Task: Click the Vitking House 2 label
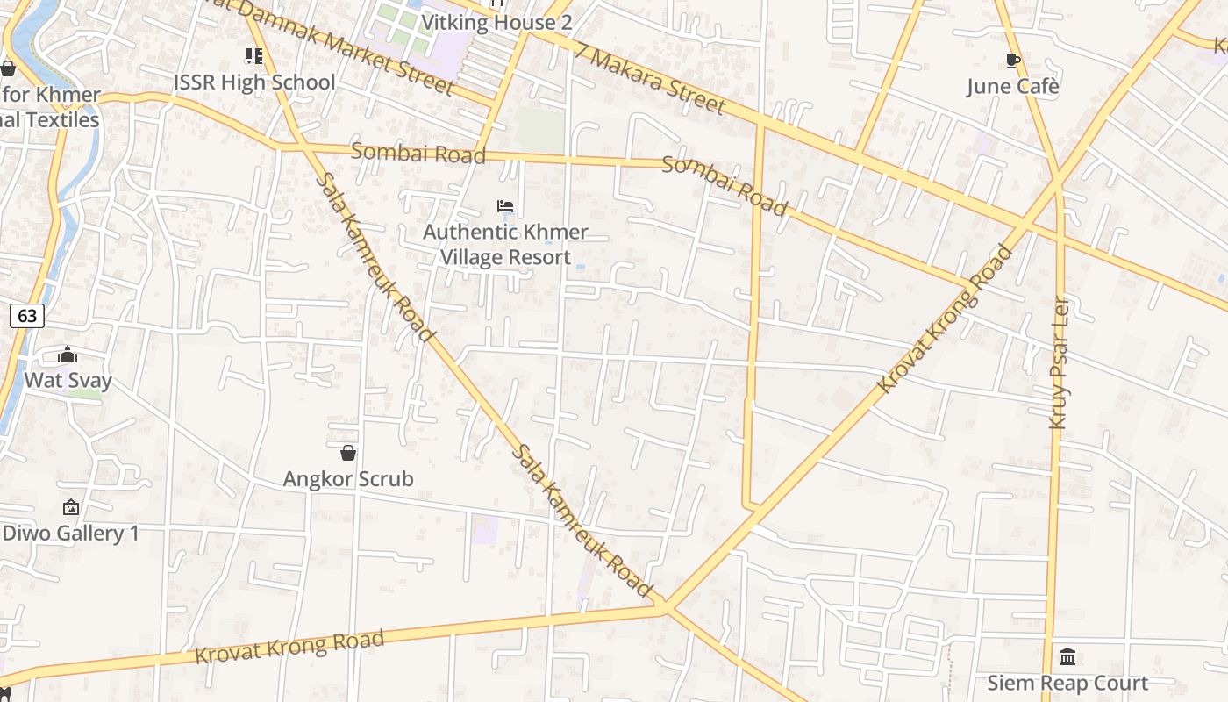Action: [x=496, y=23]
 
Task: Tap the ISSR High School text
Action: [x=254, y=82]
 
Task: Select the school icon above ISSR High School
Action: [x=254, y=57]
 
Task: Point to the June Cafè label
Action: [x=1013, y=86]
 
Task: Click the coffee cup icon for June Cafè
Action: [x=1013, y=61]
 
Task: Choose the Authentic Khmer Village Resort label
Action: [x=505, y=245]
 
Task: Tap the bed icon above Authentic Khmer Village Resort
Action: [x=505, y=206]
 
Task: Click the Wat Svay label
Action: [x=68, y=380]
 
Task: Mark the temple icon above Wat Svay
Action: [x=68, y=355]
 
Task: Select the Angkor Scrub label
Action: [x=348, y=479]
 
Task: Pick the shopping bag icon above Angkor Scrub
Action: [x=348, y=453]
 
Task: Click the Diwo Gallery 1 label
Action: [x=71, y=533]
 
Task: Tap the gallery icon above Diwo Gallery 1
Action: [x=71, y=507]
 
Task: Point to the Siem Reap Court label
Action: [x=1067, y=683]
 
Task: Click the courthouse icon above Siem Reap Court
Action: [x=1067, y=656]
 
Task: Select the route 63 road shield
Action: [x=27, y=316]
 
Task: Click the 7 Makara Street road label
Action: [x=651, y=79]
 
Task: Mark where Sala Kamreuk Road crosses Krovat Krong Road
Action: [x=665, y=605]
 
